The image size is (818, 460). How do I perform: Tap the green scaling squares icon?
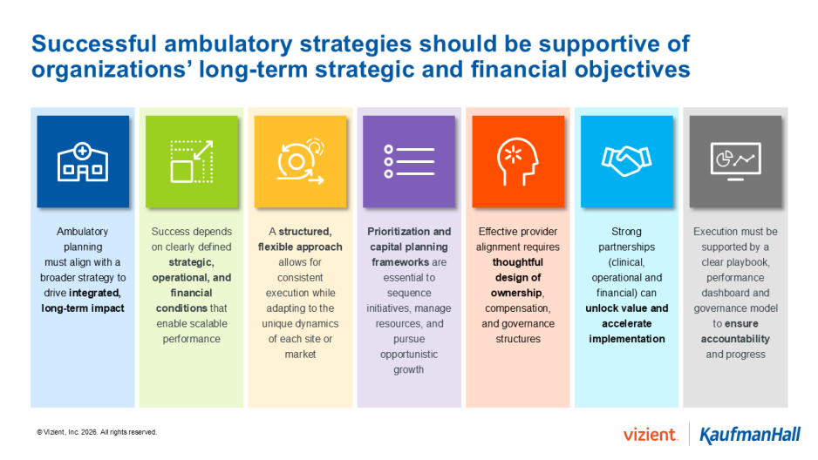point(191,162)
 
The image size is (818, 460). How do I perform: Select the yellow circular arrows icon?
point(300,162)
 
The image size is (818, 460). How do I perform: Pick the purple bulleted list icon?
point(409,162)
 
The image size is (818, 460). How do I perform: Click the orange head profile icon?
point(518,162)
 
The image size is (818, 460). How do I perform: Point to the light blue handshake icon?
point(626,162)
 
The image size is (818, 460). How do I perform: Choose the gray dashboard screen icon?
point(735,162)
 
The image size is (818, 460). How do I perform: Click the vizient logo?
point(651,434)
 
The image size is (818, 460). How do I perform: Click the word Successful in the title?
point(99,44)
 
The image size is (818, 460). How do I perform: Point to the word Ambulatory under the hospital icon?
point(82,232)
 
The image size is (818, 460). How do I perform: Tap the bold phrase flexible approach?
point(300,247)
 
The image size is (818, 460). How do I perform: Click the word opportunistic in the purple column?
point(409,355)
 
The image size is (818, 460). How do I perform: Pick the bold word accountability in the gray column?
point(735,339)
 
